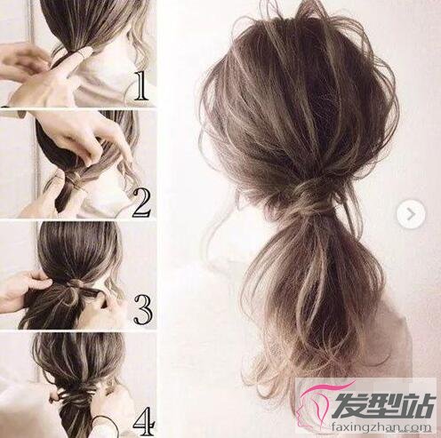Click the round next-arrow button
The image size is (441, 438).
[411, 214]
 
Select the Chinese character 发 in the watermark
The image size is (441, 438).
[349, 405]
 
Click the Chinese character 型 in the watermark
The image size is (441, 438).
[384, 405]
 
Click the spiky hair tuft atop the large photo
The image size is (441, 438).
[309, 11]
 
